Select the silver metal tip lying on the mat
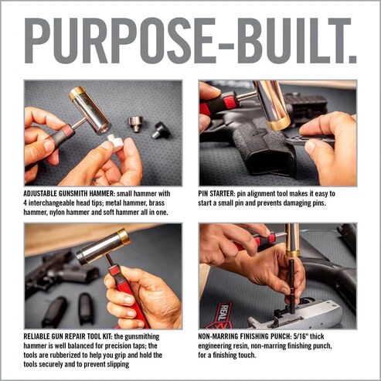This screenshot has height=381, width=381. (x=136, y=124)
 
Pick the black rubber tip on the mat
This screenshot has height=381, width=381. (x=161, y=130)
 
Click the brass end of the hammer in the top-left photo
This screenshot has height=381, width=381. (x=79, y=97)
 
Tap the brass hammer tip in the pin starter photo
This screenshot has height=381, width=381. (x=280, y=122)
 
